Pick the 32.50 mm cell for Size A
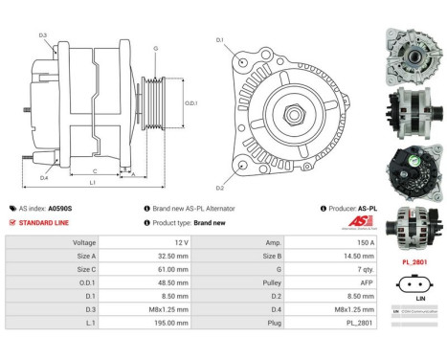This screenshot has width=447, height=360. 165,257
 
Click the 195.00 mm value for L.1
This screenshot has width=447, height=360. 164,325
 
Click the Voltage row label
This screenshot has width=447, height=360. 84,243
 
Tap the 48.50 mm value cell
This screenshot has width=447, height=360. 165,283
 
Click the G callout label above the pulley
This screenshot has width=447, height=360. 156,48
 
